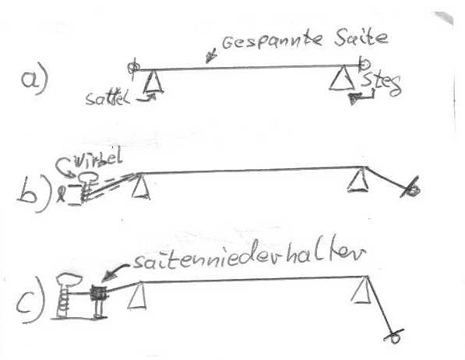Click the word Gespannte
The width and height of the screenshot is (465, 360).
click(x=272, y=41)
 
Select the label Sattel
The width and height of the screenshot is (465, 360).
click(x=107, y=98)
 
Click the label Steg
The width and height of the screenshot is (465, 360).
click(x=382, y=84)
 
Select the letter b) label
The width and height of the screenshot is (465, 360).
click(x=32, y=194)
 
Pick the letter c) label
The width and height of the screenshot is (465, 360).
click(x=30, y=299)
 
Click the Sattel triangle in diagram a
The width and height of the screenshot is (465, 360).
click(x=153, y=82)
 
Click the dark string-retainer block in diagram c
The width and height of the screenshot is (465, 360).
click(x=99, y=293)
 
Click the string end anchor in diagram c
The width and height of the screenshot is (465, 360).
click(x=394, y=336)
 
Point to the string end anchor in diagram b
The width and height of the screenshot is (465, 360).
click(x=411, y=188)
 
